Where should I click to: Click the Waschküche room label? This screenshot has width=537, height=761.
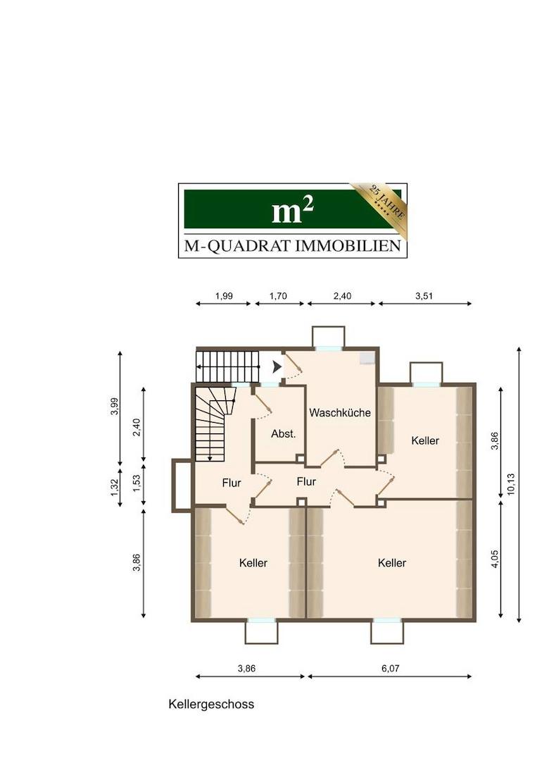(340, 413)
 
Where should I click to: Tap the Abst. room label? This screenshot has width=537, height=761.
(284, 434)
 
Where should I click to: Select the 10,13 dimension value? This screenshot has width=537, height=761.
(511, 484)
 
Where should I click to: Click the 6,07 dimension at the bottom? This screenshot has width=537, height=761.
(390, 668)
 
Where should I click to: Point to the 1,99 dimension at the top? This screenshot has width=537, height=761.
(224, 296)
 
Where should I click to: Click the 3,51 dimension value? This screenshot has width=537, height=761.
(424, 296)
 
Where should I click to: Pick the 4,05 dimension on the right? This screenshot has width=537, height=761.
(494, 559)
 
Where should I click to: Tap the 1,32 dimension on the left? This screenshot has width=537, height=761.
(115, 488)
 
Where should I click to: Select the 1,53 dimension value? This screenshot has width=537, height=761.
(137, 483)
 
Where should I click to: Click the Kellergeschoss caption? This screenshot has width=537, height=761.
(211, 704)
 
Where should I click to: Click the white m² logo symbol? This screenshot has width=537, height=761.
(292, 211)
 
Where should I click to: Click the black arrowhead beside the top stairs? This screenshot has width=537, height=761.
(277, 367)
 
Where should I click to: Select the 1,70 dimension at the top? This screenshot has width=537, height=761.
(278, 296)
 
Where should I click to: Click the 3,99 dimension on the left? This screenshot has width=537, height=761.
(115, 407)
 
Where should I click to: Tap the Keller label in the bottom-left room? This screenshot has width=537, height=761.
(253, 563)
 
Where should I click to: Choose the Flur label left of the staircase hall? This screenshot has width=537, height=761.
(232, 483)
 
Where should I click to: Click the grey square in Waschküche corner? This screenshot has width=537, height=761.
(367, 358)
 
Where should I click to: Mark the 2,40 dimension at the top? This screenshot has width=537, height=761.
(342, 296)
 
